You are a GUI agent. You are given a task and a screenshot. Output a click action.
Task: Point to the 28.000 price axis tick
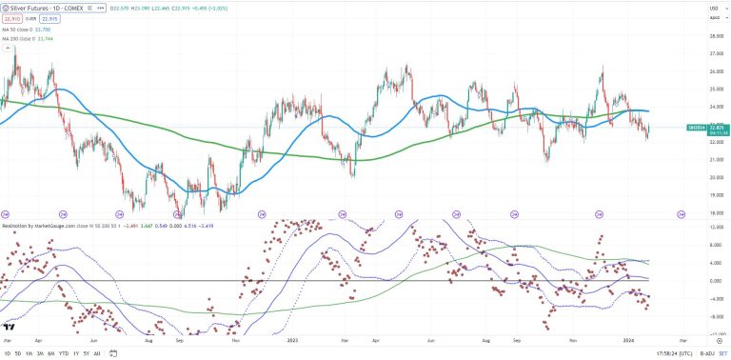tap(713, 36)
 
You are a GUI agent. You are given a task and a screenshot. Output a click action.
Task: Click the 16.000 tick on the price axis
tap(713, 213)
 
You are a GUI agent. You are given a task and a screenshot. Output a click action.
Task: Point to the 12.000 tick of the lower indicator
tap(713, 227)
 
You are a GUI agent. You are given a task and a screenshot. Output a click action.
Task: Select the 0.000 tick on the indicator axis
tap(713, 281)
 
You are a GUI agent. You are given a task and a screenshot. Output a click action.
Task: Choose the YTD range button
tap(63, 352)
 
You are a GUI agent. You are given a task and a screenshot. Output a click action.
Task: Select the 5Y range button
tap(87, 352)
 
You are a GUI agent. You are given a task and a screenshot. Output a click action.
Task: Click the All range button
tap(98, 352)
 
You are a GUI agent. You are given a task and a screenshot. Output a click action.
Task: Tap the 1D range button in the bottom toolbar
tap(7, 352)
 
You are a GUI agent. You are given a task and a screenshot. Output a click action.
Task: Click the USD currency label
tap(713, 9)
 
